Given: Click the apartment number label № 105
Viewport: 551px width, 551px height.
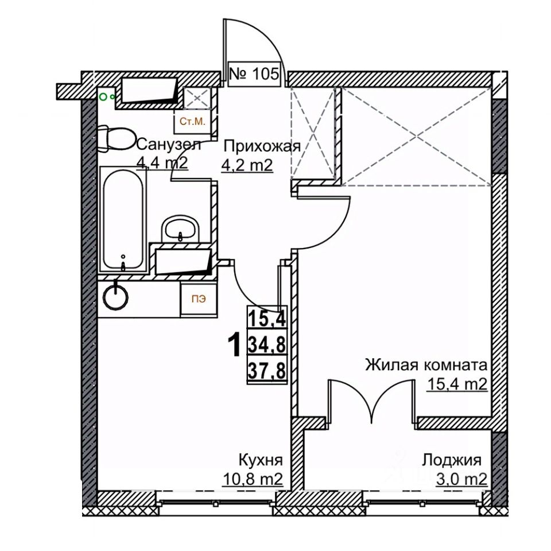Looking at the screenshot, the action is [254, 73].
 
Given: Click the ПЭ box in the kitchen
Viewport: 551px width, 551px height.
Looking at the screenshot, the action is [197, 298].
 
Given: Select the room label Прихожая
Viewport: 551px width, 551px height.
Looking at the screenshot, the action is [262, 146].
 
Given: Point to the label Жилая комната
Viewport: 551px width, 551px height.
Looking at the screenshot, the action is [426, 365].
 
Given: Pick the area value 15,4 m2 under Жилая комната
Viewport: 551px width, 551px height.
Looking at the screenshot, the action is [457, 385].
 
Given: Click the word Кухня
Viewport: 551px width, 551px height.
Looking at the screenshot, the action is [261, 460].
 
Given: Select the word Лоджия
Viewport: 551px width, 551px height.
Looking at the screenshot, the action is [451, 460].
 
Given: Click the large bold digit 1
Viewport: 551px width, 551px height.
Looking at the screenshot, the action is [234, 346].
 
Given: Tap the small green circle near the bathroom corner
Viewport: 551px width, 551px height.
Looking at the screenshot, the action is [104, 97].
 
